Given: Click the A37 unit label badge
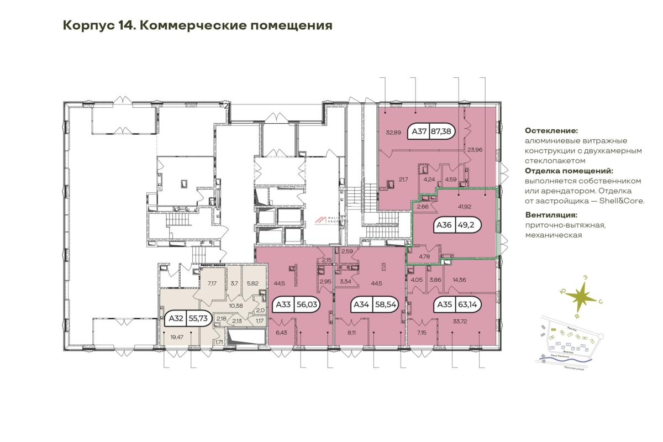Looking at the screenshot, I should coord(429,131).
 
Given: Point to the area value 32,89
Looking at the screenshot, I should coord(392,132).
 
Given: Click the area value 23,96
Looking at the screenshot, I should coord(475,149).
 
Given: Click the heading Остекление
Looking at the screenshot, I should coord(551,131).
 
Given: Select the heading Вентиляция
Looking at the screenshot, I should coord(551,215).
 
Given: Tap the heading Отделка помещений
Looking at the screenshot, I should coord(569,171).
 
